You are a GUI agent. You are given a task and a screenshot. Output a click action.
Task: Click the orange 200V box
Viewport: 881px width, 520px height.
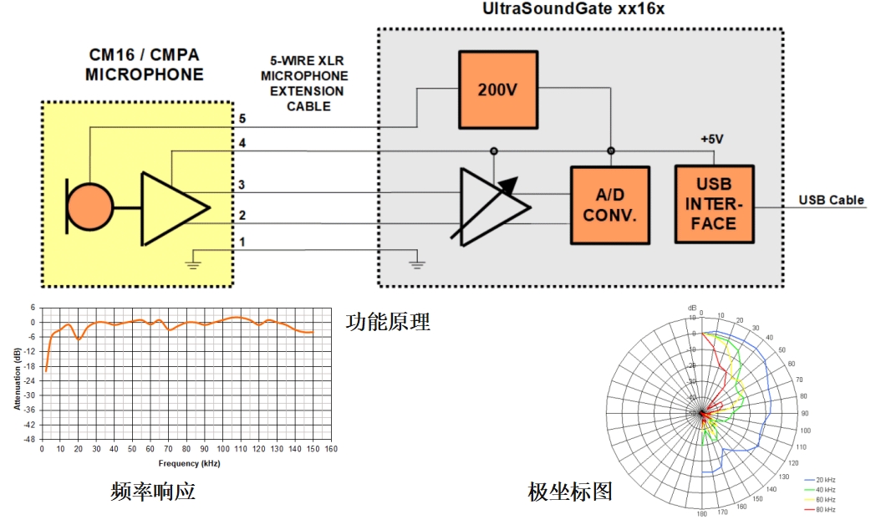pyautogui.click(x=497, y=89)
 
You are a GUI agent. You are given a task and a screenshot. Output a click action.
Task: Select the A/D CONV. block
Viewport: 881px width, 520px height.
pyautogui.click(x=609, y=205)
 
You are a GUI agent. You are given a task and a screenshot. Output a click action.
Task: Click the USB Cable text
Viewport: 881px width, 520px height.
pyautogui.click(x=831, y=201)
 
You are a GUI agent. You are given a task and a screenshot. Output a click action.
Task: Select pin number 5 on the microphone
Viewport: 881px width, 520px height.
pyautogui.click(x=242, y=119)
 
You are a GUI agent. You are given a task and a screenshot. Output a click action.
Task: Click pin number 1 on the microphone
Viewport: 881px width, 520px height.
pyautogui.click(x=242, y=242)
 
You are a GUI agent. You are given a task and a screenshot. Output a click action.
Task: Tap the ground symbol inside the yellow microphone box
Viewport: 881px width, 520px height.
pyautogui.click(x=193, y=263)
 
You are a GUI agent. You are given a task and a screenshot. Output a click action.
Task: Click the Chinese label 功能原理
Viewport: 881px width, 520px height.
pyautogui.click(x=388, y=322)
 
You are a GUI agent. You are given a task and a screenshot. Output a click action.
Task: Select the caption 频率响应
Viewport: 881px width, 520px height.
pyautogui.click(x=153, y=492)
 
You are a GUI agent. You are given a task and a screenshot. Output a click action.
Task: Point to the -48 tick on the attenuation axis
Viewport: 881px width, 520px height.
pyautogui.click(x=30, y=440)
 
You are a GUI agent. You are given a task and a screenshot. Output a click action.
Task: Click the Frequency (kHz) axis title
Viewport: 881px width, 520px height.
pyautogui.click(x=189, y=463)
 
